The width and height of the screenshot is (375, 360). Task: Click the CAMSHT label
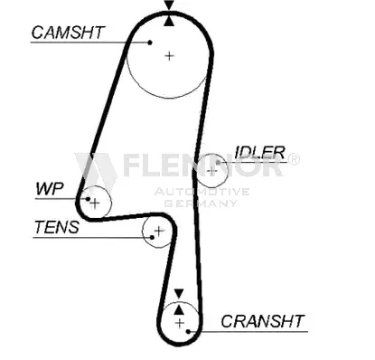(68, 33)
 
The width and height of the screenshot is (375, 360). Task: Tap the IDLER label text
(259, 153)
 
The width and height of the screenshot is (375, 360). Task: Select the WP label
(50, 189)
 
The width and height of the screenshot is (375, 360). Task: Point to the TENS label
(57, 227)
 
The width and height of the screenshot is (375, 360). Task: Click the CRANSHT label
(263, 321)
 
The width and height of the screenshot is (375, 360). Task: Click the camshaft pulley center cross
(170, 56)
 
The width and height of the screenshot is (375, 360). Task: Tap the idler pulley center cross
(212, 171)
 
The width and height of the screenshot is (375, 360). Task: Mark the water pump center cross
(95, 204)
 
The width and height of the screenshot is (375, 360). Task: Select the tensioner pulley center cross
(159, 232)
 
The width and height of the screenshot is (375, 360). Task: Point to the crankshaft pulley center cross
(180, 323)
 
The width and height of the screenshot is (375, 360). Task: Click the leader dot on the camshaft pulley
(150, 43)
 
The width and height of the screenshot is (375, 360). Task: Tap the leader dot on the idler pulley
(219, 163)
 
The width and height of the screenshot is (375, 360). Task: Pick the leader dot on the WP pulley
(88, 199)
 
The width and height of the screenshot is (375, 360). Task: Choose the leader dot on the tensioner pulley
(152, 238)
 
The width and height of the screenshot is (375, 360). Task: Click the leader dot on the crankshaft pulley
(188, 332)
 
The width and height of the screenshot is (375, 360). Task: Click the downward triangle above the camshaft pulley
(169, 5)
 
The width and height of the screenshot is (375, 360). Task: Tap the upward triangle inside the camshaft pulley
(169, 21)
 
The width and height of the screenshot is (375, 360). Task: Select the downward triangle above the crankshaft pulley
(179, 293)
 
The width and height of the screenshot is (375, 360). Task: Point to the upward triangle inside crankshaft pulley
(179, 309)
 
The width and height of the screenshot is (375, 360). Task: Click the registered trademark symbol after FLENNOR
(294, 159)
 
